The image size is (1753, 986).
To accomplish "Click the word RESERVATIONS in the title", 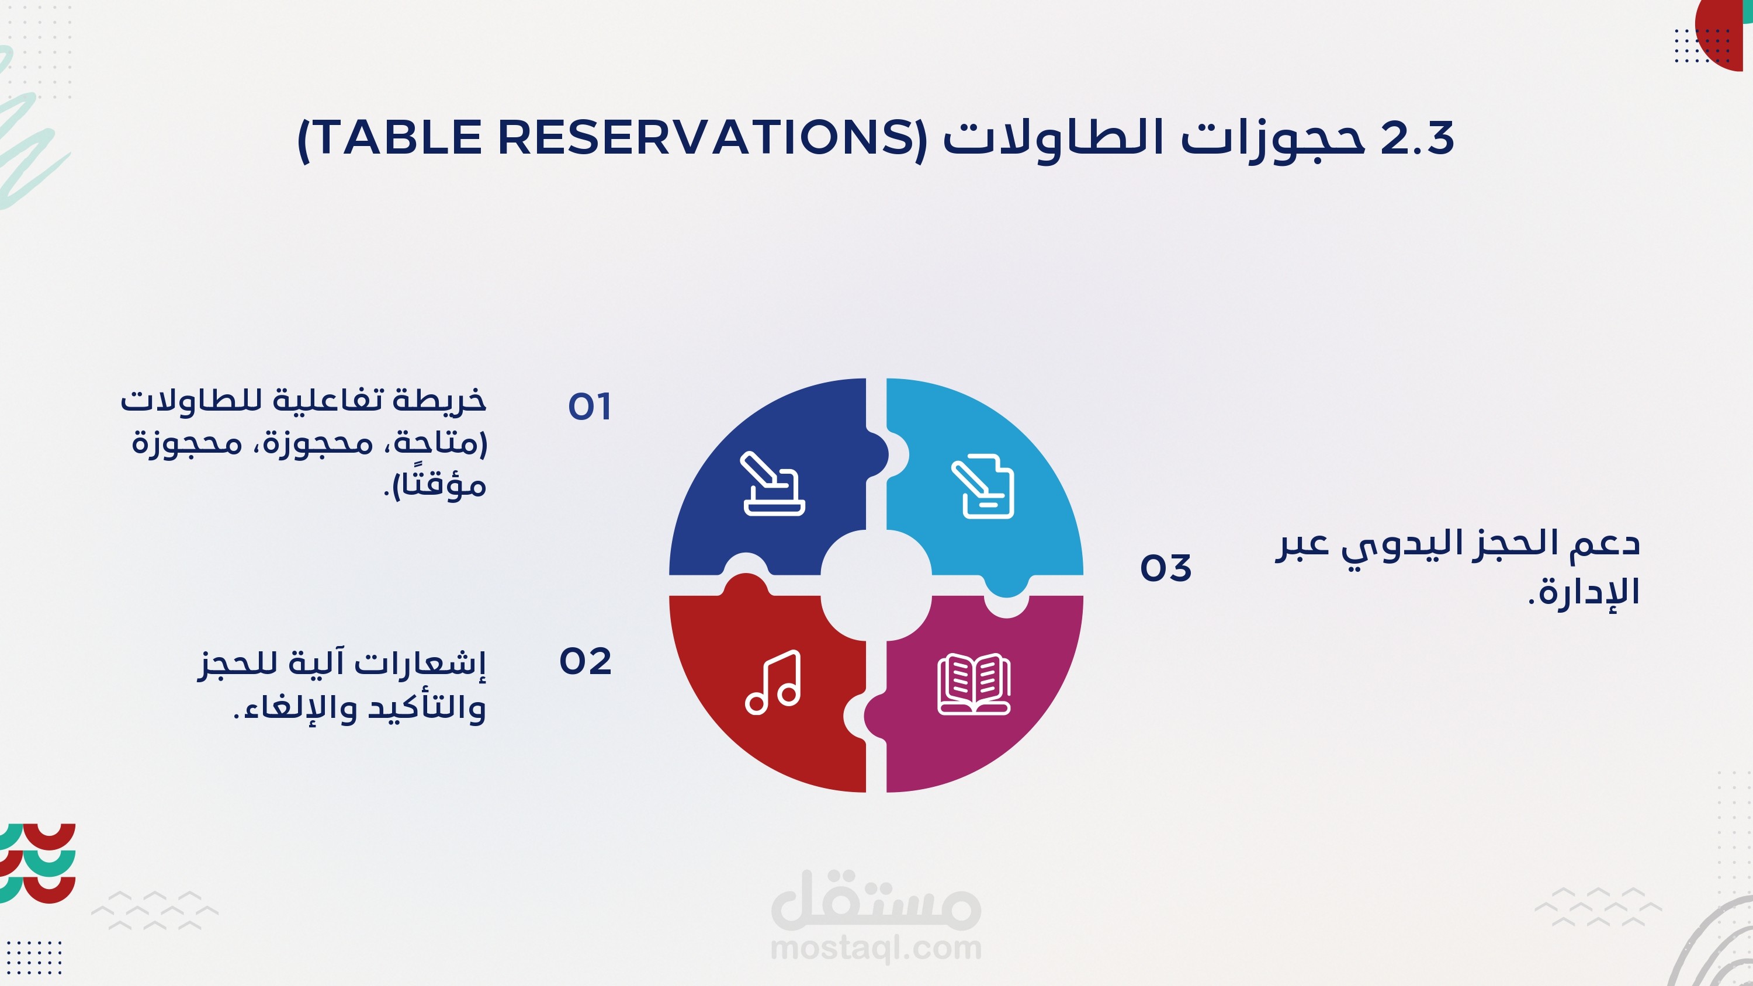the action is (708, 137).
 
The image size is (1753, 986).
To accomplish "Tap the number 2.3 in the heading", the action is (1417, 138).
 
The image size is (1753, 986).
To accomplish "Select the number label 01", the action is (590, 407).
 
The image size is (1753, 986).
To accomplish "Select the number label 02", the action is (586, 661).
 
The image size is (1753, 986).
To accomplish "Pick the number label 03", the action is (1166, 568).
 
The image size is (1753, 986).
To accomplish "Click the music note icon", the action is (773, 682).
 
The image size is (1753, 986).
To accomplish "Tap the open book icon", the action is (974, 684).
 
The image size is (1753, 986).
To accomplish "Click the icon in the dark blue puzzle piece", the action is (773, 484).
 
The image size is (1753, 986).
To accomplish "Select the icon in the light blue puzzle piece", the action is (983, 486).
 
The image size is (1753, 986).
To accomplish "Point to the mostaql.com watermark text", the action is (876, 947).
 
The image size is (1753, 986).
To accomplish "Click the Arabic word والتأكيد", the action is (427, 708).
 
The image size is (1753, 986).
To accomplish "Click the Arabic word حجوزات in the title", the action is (1273, 139).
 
